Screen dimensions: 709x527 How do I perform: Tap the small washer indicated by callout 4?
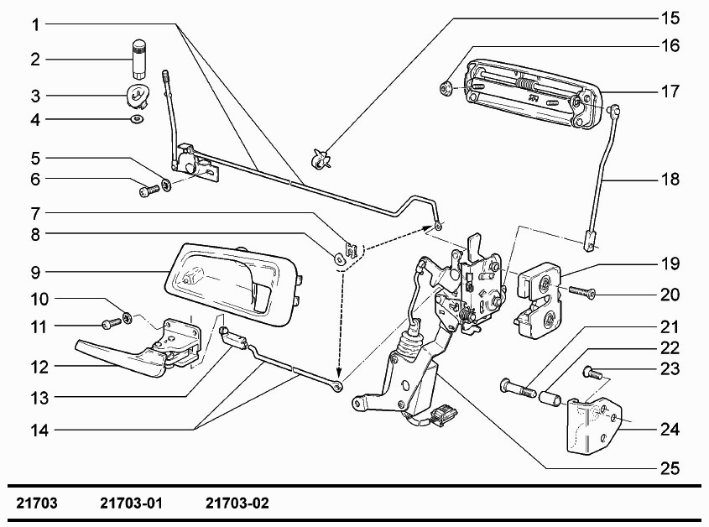click(x=136, y=119)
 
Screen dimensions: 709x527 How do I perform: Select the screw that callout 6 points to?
click(x=149, y=190)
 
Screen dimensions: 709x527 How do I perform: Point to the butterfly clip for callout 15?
click(x=321, y=159)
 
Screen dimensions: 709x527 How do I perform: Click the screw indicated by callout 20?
click(x=581, y=292)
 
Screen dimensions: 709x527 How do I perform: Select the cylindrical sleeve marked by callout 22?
click(x=550, y=398)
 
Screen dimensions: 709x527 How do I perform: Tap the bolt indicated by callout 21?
click(x=518, y=388)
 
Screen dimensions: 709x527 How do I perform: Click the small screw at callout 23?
click(x=592, y=372)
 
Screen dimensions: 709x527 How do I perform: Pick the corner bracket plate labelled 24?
click(x=594, y=425)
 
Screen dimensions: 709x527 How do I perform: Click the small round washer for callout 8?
click(x=339, y=258)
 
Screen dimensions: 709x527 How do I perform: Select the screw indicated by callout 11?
click(x=112, y=323)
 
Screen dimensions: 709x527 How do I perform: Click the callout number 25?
click(x=670, y=468)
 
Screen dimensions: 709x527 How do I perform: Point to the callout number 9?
click(x=36, y=273)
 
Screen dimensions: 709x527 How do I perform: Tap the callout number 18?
click(x=670, y=180)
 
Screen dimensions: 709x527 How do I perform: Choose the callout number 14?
click(x=39, y=430)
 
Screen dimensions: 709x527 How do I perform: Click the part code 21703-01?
click(x=131, y=503)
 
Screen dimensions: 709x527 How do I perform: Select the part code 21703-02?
click(x=237, y=503)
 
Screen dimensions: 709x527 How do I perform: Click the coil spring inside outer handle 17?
click(x=524, y=84)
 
